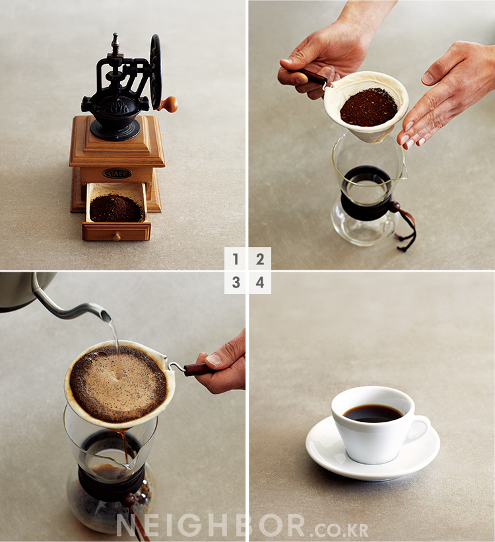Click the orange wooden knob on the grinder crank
(169, 104)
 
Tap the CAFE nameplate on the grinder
(117, 173)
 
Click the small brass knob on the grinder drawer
(117, 237)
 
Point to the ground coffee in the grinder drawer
(116, 208)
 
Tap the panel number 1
(236, 259)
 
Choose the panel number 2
(260, 259)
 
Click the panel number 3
(236, 282)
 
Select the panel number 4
(260, 282)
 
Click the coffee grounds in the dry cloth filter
(369, 107)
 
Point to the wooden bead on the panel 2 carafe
(395, 207)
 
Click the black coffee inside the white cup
(373, 413)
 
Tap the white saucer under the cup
(373, 449)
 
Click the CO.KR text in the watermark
(341, 529)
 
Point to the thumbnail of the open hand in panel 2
(429, 79)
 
